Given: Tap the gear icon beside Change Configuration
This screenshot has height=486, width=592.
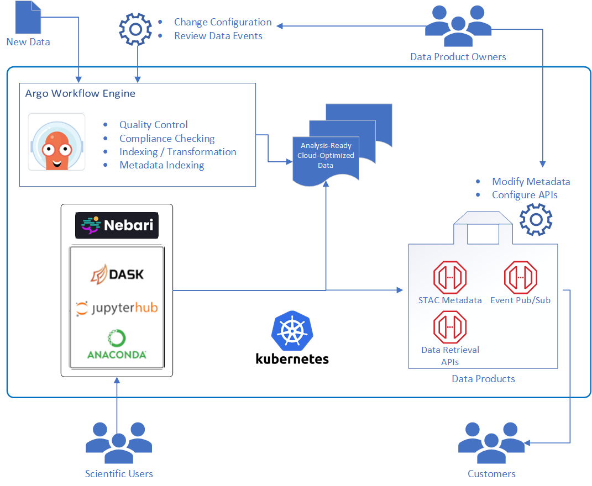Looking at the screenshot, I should pos(136,29).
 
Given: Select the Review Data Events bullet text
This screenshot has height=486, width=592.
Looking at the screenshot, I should pos(218,36).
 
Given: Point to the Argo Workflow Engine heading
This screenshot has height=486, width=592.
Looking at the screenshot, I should pos(80,93).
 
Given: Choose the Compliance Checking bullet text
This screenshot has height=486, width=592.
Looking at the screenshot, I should pos(167,139).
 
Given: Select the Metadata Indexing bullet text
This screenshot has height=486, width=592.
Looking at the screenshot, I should pos(161,165).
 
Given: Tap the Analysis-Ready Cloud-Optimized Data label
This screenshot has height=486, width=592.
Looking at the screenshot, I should pos(326,155).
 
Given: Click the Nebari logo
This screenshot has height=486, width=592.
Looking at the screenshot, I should pos(117,225).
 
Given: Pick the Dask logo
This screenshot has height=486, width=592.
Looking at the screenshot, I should pos(117,274).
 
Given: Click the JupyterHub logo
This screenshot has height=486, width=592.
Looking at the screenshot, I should pos(117,308).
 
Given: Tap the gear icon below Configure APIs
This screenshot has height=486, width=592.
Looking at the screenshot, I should pos(536,220).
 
